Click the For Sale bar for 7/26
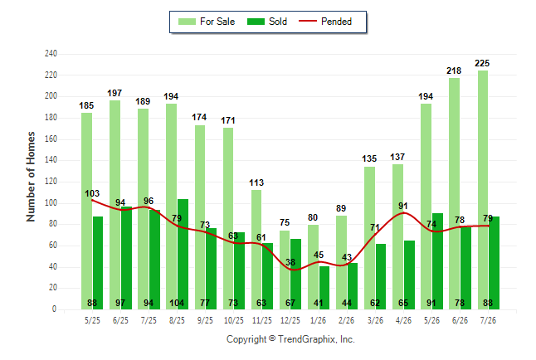point(483,190)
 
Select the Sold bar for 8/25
point(183,255)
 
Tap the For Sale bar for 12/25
point(285,270)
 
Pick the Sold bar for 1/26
point(324,288)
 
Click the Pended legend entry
point(325,22)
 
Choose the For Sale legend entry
point(207,22)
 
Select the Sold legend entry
point(267,22)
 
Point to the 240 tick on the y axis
point(51,54)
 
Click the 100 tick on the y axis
point(51,203)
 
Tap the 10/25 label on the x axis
point(234,321)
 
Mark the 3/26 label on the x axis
point(375,321)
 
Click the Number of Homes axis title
point(31,177)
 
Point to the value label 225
point(482,64)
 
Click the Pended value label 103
point(92,194)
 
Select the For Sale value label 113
point(256,183)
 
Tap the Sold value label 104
point(177,304)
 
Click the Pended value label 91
point(403,207)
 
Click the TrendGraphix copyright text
point(290,339)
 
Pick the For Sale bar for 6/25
point(115,205)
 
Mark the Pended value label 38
point(290,263)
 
